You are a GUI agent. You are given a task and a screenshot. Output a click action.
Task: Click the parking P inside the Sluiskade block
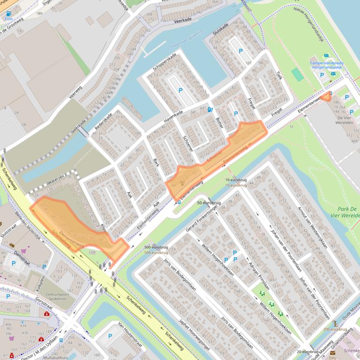(241, 51)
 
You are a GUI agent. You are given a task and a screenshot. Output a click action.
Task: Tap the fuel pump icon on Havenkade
(210, 109)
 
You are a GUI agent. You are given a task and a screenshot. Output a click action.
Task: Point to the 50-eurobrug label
(208, 203)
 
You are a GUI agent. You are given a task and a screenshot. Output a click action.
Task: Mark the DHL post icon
(333, 353)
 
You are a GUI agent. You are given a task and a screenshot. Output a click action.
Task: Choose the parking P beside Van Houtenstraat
(110, 335)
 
